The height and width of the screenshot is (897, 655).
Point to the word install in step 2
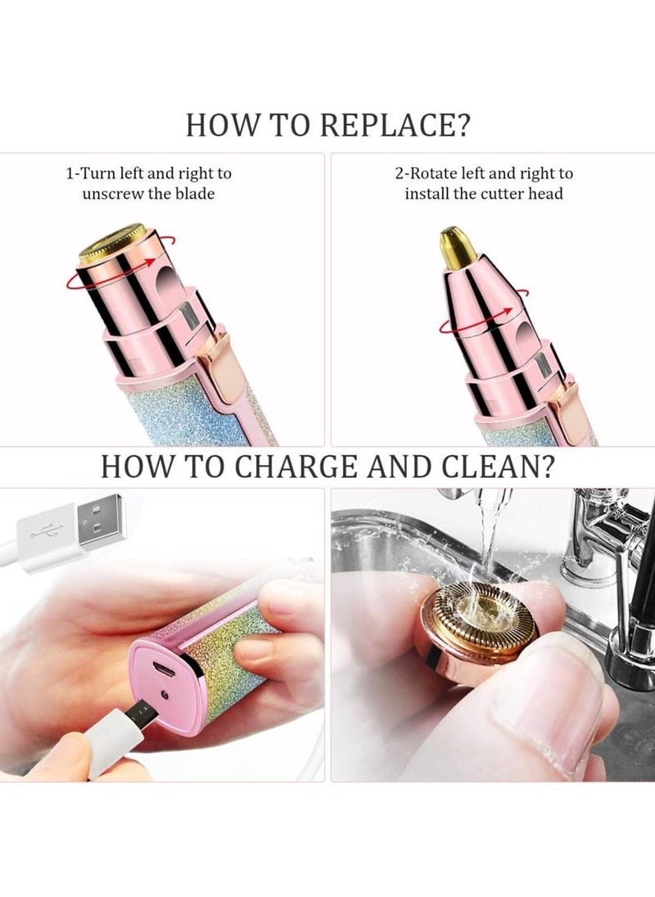point(429,194)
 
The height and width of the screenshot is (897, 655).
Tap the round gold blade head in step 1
point(112,242)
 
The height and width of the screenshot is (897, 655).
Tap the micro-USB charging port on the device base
point(165,670)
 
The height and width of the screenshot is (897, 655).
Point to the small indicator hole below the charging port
point(165,694)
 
